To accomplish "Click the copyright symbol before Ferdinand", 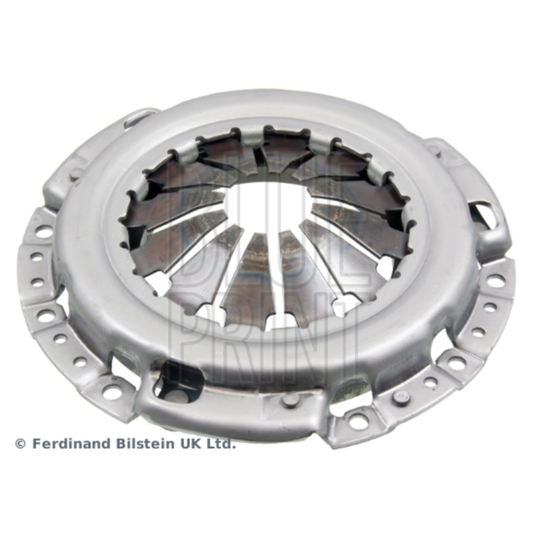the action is click(x=21, y=444).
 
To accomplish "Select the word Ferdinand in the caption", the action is click(x=72, y=443).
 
